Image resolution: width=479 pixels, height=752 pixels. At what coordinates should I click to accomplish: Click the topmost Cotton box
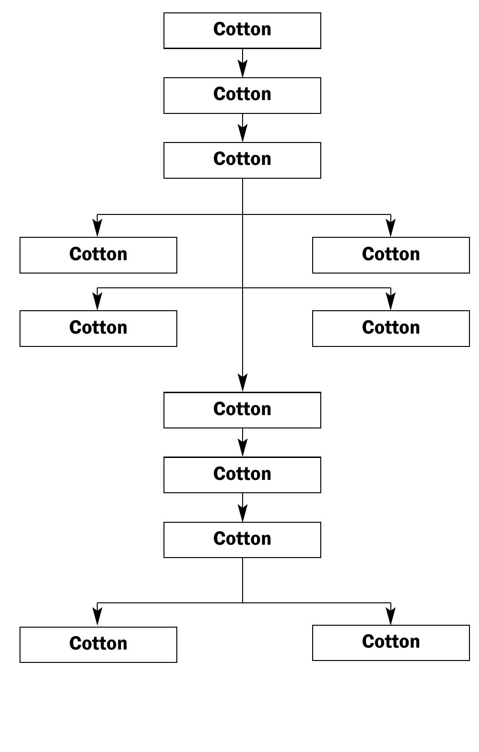tap(242, 30)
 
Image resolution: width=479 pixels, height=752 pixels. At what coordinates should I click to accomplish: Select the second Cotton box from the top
tap(242, 95)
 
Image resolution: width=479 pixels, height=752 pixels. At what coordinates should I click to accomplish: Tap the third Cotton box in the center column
tap(242, 160)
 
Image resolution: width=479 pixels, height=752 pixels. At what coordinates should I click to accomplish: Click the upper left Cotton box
tap(98, 255)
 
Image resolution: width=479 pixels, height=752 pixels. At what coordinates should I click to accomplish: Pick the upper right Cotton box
tap(391, 255)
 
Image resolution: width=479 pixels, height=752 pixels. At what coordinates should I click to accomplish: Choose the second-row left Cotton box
tap(98, 328)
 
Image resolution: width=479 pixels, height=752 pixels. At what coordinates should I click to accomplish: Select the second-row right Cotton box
tap(391, 328)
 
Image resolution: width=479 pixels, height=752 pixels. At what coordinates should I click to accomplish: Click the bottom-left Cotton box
tap(98, 644)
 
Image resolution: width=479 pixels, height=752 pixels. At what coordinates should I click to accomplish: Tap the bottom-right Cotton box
tap(391, 642)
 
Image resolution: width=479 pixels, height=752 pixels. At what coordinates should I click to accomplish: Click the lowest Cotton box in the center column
tap(242, 539)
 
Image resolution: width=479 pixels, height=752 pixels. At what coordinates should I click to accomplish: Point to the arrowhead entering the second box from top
tap(243, 70)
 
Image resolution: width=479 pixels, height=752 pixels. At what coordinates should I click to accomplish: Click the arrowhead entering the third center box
tap(243, 134)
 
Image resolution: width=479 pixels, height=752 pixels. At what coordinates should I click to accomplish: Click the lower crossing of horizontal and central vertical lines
tap(243, 288)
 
